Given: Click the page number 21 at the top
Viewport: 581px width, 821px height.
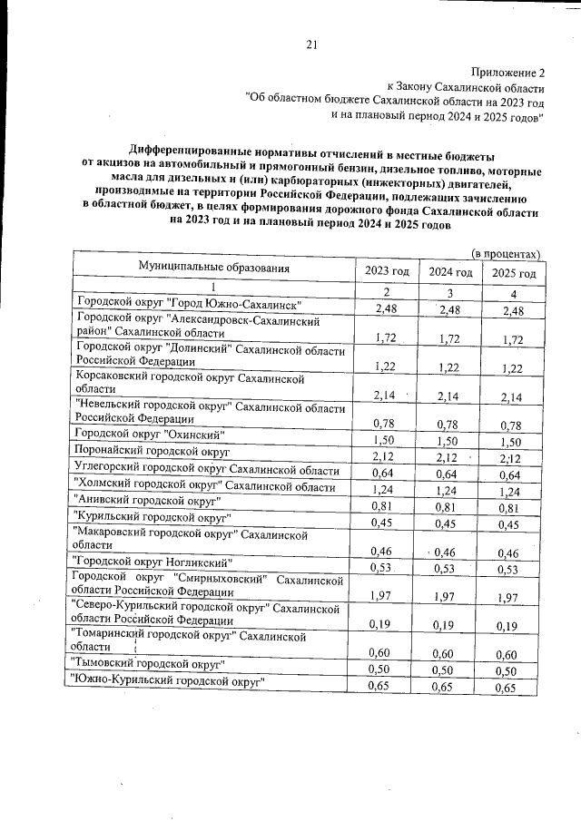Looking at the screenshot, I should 310,44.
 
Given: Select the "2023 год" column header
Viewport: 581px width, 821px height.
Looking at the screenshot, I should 387,272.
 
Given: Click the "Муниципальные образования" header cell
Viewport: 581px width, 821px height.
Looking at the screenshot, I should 214,268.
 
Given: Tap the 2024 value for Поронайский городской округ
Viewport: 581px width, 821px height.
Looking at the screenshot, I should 450,456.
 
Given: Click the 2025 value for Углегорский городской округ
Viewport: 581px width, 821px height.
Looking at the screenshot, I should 514,477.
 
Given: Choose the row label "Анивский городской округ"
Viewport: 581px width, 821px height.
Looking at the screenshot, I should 146,502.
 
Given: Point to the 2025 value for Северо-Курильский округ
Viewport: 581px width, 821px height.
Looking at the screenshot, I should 514,625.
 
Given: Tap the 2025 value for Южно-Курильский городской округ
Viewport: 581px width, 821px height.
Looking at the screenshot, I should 514,689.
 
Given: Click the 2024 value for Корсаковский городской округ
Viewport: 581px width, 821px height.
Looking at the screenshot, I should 450,396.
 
